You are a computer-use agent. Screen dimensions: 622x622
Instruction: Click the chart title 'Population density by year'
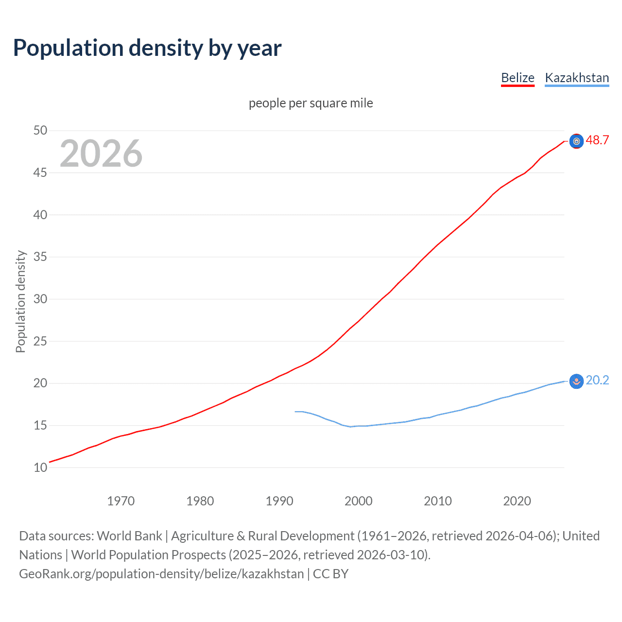click(147, 48)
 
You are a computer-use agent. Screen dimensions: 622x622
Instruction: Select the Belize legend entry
click(518, 78)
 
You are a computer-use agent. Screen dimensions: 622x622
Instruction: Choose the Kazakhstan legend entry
click(577, 78)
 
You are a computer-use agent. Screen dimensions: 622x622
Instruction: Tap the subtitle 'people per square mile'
click(311, 103)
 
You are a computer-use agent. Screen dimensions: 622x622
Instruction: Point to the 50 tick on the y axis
click(40, 130)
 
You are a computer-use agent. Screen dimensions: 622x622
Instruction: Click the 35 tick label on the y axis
click(40, 257)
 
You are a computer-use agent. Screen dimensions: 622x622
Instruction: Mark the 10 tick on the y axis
click(40, 467)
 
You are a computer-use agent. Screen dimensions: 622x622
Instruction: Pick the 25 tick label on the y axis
click(40, 341)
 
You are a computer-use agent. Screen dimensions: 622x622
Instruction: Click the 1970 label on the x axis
click(121, 501)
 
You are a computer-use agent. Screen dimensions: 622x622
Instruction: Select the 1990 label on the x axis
click(279, 501)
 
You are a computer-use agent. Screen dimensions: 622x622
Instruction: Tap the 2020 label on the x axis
click(517, 501)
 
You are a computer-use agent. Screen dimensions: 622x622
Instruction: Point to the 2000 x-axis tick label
click(359, 501)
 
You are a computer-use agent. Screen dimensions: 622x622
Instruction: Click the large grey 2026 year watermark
click(101, 154)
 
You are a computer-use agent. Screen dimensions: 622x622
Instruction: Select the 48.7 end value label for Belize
click(597, 140)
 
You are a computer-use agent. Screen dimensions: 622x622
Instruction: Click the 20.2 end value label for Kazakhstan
click(597, 380)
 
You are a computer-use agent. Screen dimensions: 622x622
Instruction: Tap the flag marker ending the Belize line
click(576, 141)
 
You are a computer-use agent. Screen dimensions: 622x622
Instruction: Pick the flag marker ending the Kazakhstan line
click(576, 381)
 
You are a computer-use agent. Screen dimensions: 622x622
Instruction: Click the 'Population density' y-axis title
click(20, 301)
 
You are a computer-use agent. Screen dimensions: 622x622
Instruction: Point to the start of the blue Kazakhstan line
click(295, 412)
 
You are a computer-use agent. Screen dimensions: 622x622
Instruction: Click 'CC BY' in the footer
click(330, 574)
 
